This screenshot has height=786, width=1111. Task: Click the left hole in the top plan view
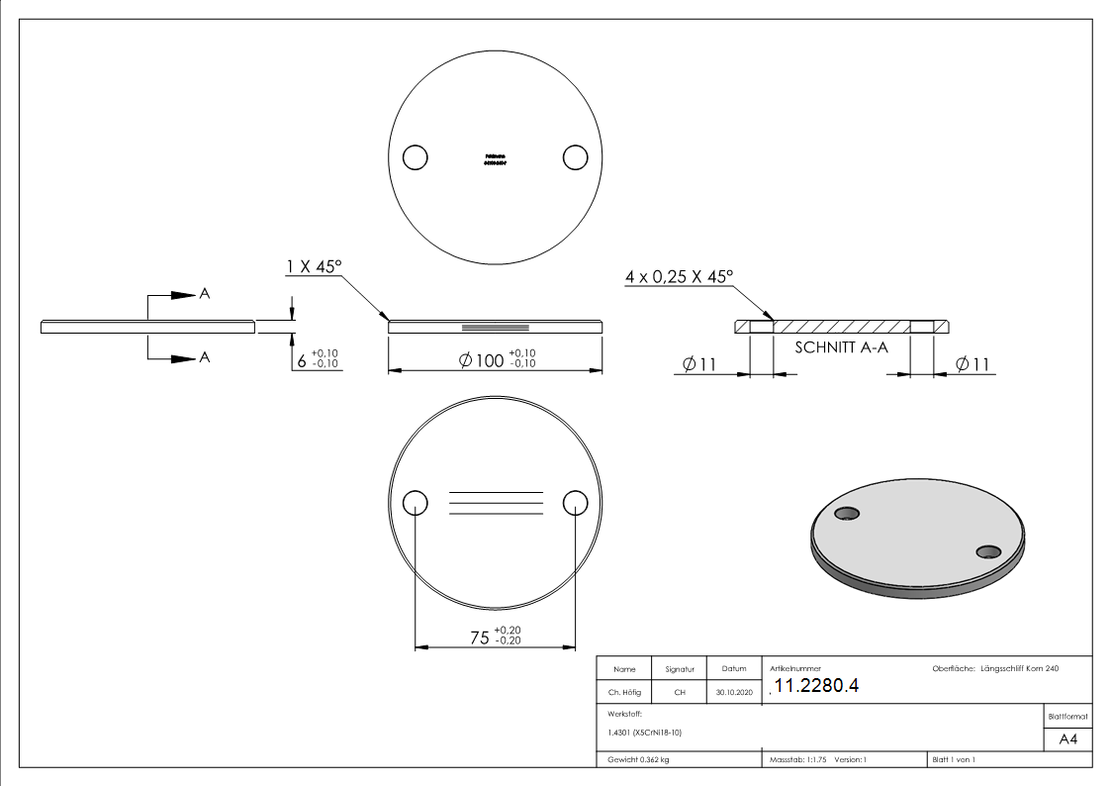point(416,157)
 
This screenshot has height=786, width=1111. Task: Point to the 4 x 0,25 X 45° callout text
point(679,277)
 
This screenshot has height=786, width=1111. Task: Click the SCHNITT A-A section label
point(840,347)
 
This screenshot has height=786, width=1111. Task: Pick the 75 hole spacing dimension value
point(479,639)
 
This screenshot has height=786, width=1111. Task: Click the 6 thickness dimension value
point(303,361)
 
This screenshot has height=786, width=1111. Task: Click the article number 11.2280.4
point(816,687)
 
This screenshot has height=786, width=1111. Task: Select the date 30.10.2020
point(733,693)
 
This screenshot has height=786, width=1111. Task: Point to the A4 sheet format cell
point(1068,739)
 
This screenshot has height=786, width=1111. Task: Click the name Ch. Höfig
point(624,693)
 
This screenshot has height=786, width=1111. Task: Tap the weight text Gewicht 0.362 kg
point(639,760)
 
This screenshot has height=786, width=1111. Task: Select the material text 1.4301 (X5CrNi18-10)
point(645,733)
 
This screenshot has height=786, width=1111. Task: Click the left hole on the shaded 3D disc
point(847,513)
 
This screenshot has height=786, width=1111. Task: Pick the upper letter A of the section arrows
point(205,294)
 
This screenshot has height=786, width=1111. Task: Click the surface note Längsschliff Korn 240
point(1020,669)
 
